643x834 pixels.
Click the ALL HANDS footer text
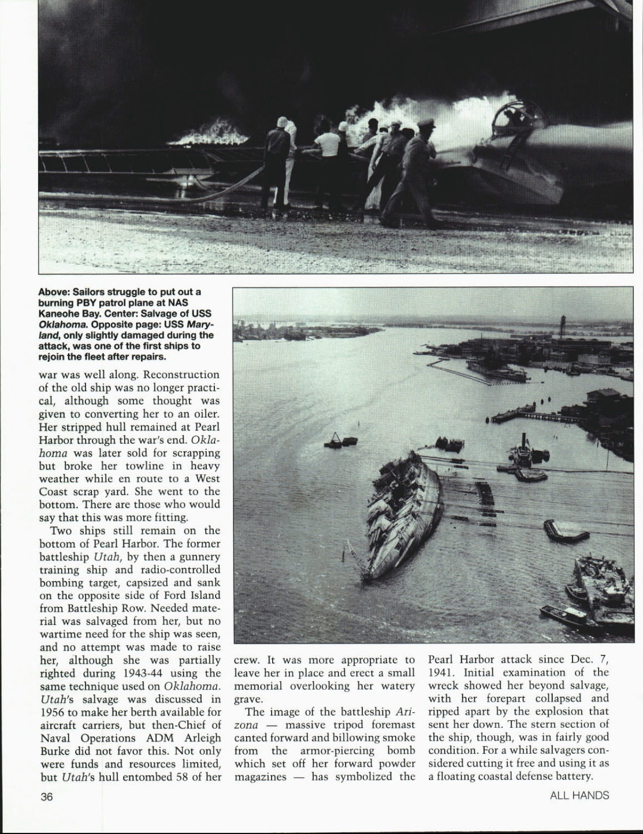(579, 796)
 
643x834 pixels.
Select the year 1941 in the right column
(441, 672)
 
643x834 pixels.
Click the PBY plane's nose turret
(511, 119)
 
